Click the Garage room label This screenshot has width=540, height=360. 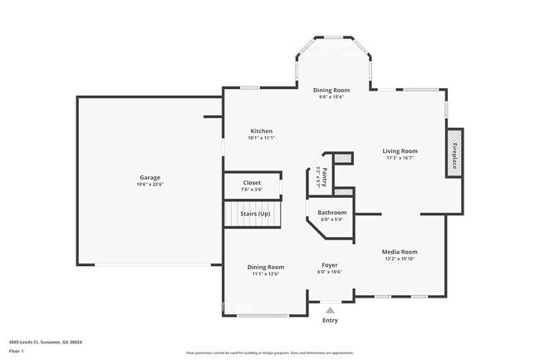[150, 178]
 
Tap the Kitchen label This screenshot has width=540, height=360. [262, 131]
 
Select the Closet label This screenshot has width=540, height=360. [252, 183]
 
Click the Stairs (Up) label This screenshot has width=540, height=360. [255, 215]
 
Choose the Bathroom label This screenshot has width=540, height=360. [331, 214]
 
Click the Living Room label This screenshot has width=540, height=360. [400, 151]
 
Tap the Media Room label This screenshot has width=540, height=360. [399, 251]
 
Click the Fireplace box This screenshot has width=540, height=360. [454, 152]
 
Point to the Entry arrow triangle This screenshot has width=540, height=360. [330, 310]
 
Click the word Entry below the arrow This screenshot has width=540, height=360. [330, 321]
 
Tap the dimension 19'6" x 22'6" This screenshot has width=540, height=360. [150, 185]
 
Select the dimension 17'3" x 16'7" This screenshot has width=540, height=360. [400, 158]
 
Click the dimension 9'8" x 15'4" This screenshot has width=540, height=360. [331, 96]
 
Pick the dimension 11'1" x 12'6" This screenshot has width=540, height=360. [265, 274]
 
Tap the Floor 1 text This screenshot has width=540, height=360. [17, 351]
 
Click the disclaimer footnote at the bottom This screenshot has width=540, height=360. [270, 353]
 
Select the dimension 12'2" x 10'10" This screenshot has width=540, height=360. [399, 259]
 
